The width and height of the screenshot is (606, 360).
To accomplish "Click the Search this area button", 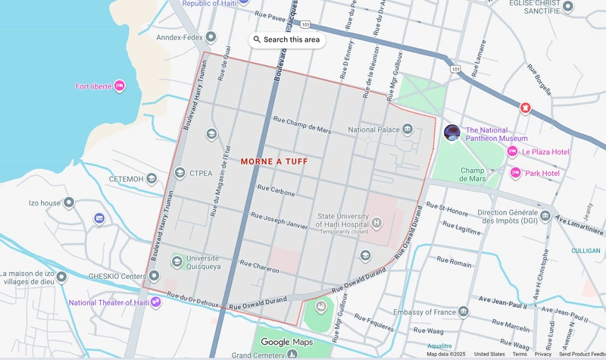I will coord(287,39).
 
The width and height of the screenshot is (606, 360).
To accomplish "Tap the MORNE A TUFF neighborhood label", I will coord(274,161).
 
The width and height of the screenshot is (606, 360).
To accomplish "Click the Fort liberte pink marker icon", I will coord(119,86).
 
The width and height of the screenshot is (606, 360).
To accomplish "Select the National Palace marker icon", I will coord(408,130).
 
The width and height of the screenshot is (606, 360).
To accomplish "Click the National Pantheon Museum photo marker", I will coord(452,133).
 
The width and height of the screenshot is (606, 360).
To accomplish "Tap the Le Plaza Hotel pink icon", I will coord(512,152).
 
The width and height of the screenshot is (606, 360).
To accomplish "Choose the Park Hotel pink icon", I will coord(516,173).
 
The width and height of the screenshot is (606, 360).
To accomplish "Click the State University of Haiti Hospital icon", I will coord(376,223).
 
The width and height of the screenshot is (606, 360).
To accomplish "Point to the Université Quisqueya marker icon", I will coord(176,261).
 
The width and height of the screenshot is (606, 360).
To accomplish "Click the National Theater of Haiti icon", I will coord(155,302).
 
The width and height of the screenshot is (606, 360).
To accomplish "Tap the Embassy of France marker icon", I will coord(464,311).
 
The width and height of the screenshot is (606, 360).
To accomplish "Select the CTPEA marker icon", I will coord(180,173).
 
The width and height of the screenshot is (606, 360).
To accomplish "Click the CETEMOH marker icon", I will coord(151,179).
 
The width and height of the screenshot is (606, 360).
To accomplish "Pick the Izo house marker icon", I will coord(69,203).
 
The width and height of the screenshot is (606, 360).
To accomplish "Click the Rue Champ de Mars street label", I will coord(302,120).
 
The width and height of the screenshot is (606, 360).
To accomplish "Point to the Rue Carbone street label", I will coord(276,190).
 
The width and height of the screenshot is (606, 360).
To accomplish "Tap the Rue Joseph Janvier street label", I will coord(280,220).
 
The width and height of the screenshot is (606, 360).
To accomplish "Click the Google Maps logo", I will coord(286,342).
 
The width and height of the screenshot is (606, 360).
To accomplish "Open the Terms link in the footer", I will coord(520,354).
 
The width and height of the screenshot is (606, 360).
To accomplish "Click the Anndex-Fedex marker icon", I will coord(211,37).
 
